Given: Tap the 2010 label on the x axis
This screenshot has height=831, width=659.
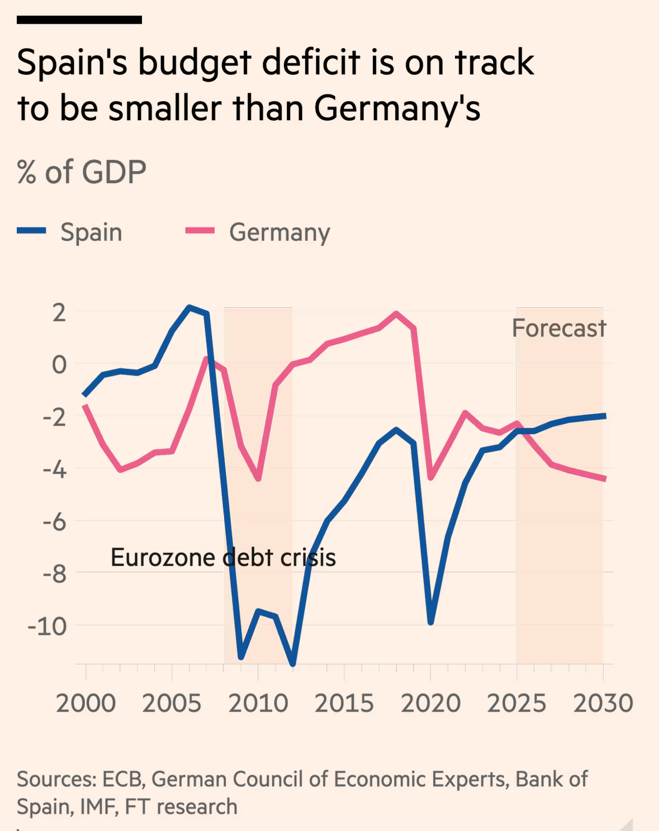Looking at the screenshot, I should coord(258,703).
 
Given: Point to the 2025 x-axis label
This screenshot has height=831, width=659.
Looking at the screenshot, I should coord(516,703).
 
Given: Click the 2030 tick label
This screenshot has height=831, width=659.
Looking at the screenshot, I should coord(603,703).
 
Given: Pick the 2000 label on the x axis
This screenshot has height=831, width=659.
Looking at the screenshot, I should coord(86,703).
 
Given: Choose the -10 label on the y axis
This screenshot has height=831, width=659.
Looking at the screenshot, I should coord(47,626).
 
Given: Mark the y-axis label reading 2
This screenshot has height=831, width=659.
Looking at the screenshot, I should coord(59,313).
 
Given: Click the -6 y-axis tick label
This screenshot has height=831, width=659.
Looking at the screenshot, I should coord(54,522).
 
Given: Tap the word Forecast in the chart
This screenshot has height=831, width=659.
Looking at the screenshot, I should coord(559,328).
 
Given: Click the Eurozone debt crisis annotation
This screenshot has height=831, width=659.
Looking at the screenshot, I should coord(223,557).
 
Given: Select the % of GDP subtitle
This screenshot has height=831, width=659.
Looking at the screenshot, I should coord(82,172).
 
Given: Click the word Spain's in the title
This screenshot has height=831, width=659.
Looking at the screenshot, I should coord(72,63).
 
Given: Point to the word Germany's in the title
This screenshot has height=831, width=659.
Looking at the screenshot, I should coord(397,108).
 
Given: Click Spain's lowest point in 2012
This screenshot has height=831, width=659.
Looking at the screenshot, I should coord(292,663).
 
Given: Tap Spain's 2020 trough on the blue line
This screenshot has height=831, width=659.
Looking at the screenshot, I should coord(430,621).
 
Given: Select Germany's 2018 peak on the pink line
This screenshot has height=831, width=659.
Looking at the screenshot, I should coord(396,314).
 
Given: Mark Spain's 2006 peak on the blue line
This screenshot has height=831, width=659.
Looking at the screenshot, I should coord(189,307).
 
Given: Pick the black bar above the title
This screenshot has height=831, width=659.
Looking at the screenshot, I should coord(79,20).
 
